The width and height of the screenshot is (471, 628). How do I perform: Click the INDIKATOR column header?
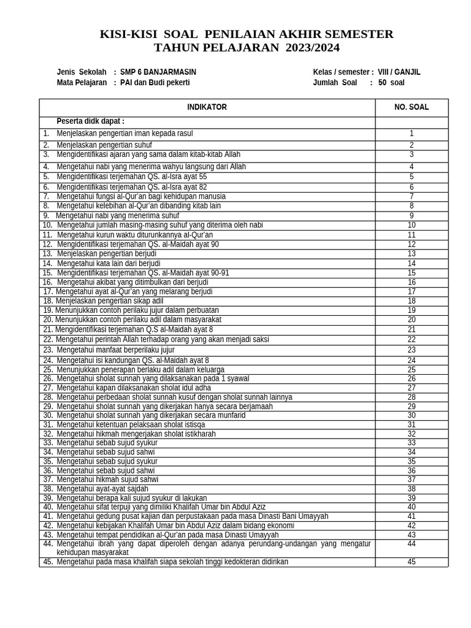point(207,107)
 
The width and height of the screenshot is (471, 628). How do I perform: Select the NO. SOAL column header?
point(412,107)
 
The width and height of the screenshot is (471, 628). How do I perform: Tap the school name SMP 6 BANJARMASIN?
point(158,72)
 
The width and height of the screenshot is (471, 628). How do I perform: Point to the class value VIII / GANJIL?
point(399,72)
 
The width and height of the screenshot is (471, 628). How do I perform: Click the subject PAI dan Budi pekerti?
point(155,83)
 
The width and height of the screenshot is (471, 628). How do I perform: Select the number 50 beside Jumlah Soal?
point(382,83)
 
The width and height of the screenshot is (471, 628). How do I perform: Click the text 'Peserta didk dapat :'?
point(90,121)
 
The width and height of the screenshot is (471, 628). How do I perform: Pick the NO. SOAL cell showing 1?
point(412,134)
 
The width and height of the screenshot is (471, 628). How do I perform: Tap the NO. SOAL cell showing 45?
point(412,562)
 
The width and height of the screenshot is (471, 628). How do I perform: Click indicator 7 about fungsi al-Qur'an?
point(140,196)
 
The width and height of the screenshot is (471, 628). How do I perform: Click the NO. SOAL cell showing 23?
point(412,350)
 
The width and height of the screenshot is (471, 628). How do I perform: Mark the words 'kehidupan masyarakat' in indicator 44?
point(93,553)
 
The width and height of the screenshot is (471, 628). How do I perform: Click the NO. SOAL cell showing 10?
point(412,225)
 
